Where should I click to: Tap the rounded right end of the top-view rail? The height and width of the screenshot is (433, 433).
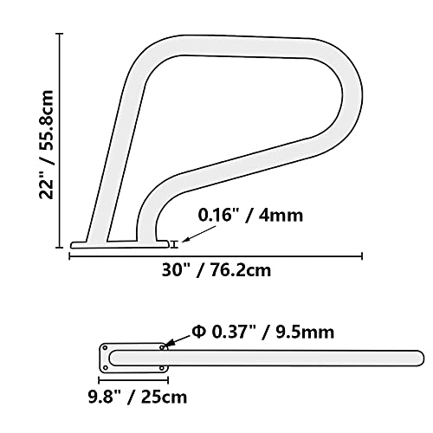click(417, 357)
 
